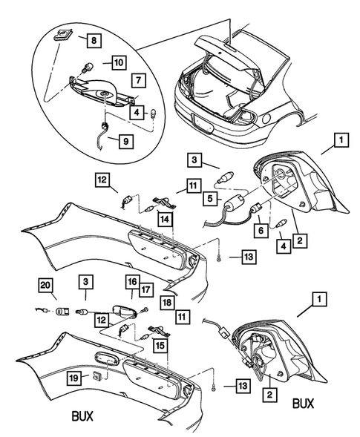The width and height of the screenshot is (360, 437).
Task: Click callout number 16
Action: (x=131, y=282)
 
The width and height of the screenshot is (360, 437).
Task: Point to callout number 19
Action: (x=73, y=378)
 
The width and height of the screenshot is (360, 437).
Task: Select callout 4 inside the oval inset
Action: (x=137, y=113)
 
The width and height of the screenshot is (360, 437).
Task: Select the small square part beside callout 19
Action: (x=97, y=378)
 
